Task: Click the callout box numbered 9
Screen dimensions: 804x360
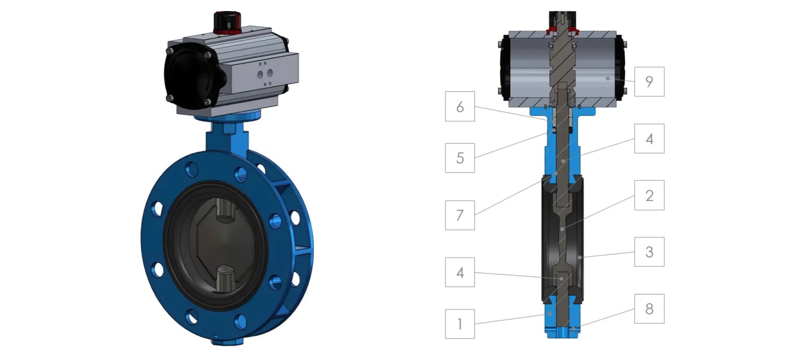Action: pos(649,81)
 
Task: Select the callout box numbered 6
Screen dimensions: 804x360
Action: pos(460,106)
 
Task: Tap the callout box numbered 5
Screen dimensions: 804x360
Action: pos(460,158)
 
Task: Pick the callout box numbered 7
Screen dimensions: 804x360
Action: pos(460,215)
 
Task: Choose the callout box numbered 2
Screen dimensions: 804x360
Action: pos(649,195)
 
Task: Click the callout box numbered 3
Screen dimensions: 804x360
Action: pos(649,252)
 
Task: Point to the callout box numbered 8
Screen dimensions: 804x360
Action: pos(649,309)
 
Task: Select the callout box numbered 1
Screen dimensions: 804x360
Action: pos(460,324)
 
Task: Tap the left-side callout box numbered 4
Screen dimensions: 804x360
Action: pos(460,272)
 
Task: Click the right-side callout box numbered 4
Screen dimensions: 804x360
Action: pos(649,138)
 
